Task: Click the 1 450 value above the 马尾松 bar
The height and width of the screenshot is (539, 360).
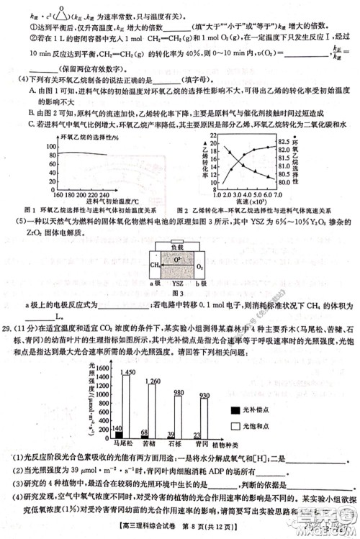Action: tap(127, 351)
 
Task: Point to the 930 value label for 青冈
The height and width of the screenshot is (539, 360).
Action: tap(204, 395)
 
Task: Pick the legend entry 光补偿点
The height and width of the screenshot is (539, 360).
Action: tap(250, 408)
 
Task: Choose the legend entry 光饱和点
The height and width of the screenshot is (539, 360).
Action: tap(250, 427)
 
